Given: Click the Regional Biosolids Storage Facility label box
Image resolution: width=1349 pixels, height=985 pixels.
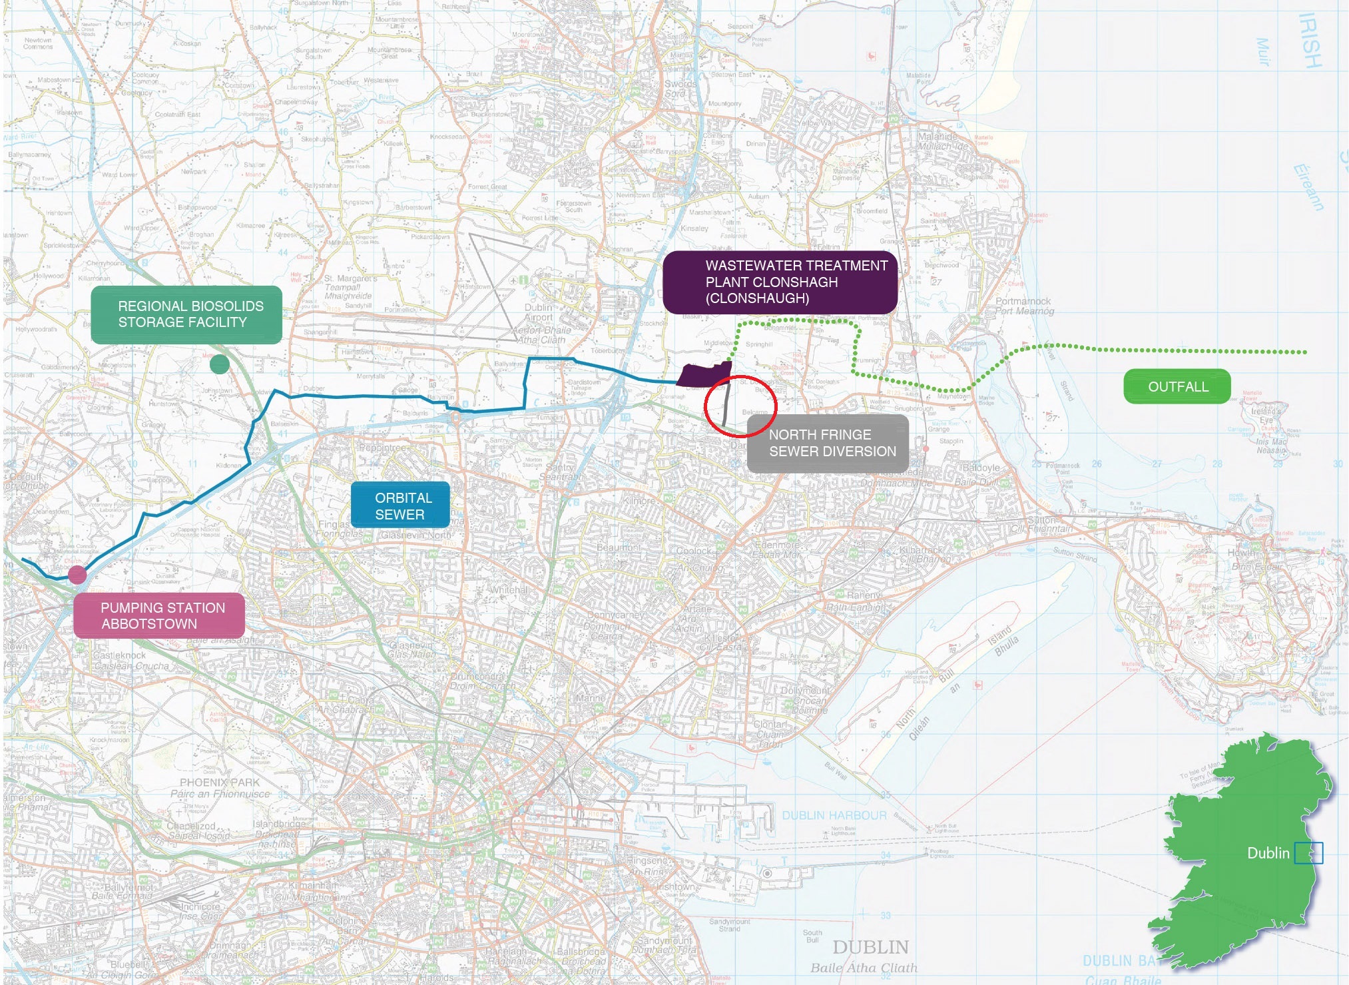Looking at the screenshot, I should (x=186, y=314).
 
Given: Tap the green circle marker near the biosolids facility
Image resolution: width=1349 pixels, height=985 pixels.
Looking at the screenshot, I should (x=219, y=364).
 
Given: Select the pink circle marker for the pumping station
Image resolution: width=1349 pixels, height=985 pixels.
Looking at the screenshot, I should (x=77, y=574).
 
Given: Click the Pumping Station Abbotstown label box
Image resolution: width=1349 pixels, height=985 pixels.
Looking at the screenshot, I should (x=158, y=615).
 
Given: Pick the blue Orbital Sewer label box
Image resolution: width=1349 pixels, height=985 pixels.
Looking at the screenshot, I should (x=400, y=505).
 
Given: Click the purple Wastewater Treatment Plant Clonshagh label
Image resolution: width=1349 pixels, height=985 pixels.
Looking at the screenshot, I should (x=780, y=282).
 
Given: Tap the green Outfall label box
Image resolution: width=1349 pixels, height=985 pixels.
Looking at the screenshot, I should (x=1177, y=386).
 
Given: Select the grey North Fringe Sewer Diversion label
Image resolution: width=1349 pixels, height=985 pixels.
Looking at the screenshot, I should (x=827, y=443).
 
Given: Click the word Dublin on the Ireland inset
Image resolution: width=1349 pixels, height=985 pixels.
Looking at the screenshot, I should (x=1267, y=853).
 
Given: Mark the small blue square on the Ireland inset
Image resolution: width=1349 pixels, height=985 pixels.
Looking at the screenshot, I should (x=1308, y=853).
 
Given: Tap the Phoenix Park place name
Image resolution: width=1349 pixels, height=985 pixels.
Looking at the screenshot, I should (x=219, y=783).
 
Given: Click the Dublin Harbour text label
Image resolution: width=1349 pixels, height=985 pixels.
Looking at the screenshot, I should (x=834, y=815).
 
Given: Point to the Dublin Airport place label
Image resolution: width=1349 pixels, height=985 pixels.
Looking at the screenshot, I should (x=538, y=312).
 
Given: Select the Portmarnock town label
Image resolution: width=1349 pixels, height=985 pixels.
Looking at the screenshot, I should (x=1023, y=301).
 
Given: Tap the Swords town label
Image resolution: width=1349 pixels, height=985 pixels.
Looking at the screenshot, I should (x=680, y=84).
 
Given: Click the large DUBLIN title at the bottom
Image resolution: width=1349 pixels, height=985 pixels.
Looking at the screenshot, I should (x=870, y=947).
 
